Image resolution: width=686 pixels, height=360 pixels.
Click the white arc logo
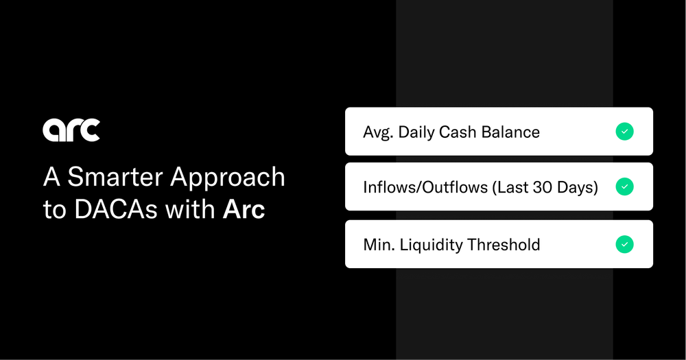click(71, 130)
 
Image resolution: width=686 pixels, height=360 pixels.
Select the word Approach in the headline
click(228, 178)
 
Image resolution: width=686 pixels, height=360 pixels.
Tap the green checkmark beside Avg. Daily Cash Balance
click(624, 131)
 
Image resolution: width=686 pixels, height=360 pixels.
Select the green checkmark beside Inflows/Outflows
click(624, 187)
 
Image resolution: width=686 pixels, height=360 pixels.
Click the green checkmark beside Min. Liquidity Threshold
click(624, 243)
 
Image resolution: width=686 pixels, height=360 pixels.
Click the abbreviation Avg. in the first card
click(379, 132)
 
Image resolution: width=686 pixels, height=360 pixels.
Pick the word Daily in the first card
click(420, 132)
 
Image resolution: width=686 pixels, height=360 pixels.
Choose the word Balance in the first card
click(513, 132)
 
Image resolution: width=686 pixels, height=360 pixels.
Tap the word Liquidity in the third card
click(432, 245)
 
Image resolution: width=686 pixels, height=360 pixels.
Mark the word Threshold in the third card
click(504, 244)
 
